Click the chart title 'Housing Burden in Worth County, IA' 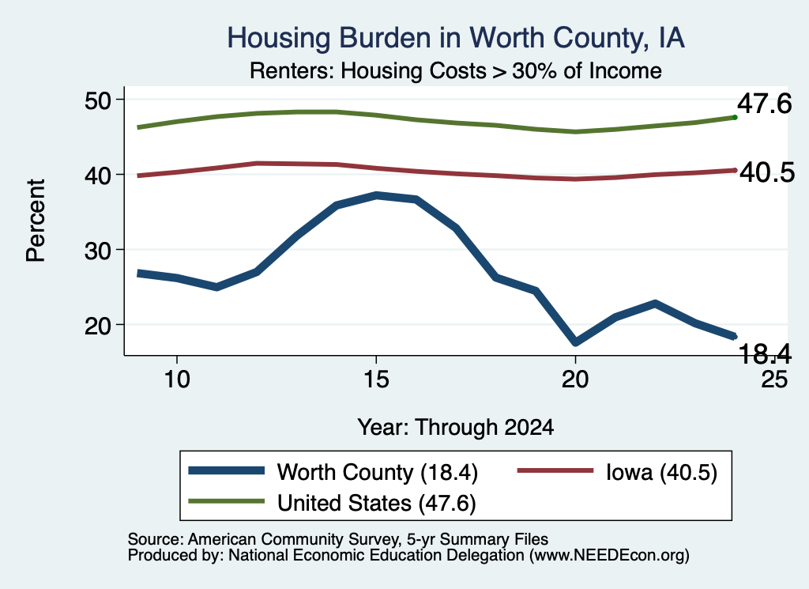456,38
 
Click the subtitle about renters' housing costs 456,70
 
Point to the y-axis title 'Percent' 36,221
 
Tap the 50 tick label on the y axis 97,100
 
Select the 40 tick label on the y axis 97,175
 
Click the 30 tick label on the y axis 97,251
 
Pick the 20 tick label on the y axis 97,325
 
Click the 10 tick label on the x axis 177,379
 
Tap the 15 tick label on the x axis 376,379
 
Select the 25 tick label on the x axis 774,379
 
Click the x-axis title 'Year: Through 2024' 456,428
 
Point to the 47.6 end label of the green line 764,104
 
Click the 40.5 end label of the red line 767,172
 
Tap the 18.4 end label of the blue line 765,353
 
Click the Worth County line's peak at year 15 377,195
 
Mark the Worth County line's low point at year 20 575,342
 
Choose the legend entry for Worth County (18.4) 333,472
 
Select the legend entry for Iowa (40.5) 617,472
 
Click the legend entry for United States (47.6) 333,503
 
